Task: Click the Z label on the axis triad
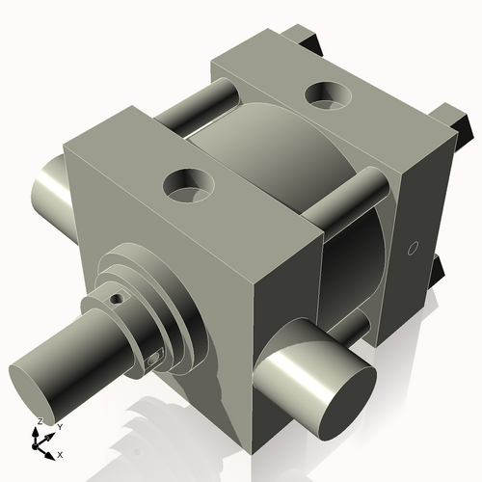[39, 422]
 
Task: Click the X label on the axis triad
[60, 453]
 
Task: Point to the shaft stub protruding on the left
[46, 188]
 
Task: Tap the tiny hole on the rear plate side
[412, 249]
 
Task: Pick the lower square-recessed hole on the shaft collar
[155, 360]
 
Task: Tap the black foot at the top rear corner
[308, 39]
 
